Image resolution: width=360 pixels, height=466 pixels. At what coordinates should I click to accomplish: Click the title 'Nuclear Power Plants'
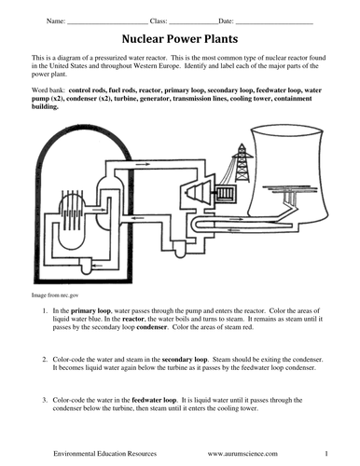180,39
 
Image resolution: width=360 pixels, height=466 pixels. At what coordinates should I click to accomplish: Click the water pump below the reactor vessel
87,266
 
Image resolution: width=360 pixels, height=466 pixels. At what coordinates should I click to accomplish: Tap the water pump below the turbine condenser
180,250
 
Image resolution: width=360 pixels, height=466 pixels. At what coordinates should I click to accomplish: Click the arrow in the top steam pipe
143,164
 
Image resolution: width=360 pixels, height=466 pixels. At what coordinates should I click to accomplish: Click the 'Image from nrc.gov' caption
55,295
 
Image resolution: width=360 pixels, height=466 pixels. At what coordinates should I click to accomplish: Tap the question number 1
45,310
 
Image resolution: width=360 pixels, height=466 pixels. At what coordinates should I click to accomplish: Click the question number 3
45,400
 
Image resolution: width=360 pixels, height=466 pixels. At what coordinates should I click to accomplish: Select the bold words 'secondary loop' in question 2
185,360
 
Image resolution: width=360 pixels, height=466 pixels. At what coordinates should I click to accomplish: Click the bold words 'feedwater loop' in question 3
154,400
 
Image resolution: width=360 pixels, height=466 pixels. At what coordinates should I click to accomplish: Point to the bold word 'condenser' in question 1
151,327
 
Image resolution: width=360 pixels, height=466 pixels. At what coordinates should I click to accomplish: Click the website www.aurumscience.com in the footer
242,454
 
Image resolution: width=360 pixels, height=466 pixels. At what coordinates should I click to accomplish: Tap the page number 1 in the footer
326,454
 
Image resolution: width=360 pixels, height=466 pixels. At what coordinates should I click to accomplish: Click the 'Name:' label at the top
56,21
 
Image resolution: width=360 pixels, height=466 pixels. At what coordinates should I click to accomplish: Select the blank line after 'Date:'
274,23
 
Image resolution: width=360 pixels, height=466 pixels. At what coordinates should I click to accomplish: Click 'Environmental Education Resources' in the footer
104,454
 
